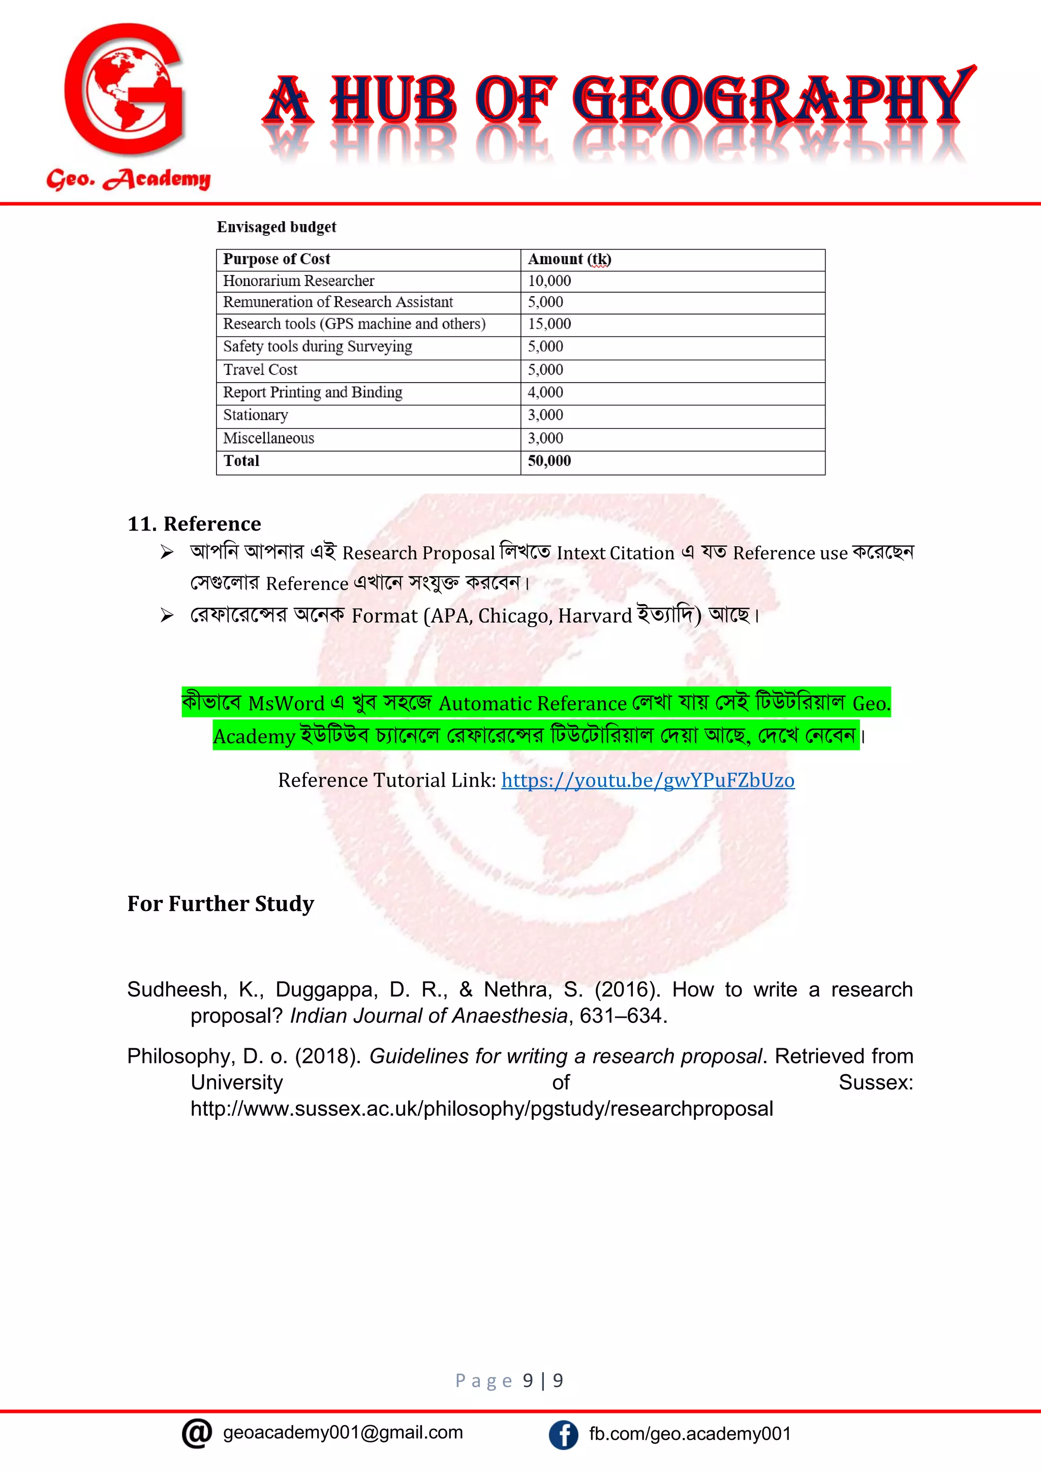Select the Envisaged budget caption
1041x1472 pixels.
pos(276,227)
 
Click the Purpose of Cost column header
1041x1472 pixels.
pos(277,259)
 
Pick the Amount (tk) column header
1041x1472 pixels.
pos(569,259)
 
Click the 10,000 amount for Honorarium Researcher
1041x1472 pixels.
pos(549,281)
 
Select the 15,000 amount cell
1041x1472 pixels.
pos(549,324)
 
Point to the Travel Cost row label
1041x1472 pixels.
pos(260,370)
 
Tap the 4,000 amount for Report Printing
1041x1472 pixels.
pos(545,392)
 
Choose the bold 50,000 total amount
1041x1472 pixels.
pos(549,461)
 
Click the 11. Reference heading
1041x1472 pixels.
pos(194,524)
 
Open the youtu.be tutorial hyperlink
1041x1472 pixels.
pos(648,780)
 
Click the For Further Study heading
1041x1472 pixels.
pos(221,903)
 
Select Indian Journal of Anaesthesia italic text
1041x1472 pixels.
pos(428,1016)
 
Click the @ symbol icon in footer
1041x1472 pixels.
pos(197,1433)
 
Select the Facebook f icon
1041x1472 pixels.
pos(563,1434)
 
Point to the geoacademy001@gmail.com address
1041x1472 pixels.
pos(343,1433)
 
